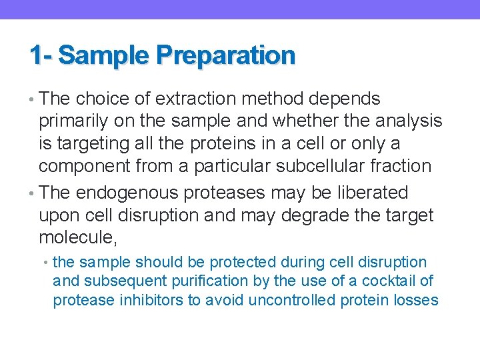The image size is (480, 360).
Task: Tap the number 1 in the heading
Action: click(35, 55)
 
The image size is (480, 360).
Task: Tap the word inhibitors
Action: click(151, 301)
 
